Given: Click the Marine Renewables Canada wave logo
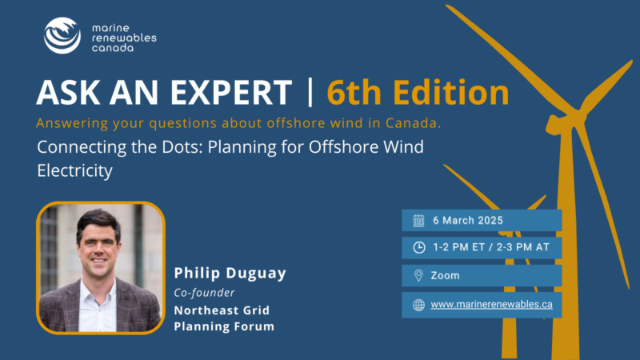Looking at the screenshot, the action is (62, 35).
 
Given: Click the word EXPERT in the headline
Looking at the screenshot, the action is (231, 92).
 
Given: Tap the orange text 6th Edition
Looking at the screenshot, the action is (418, 92).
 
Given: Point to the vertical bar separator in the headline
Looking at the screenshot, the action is (310, 92).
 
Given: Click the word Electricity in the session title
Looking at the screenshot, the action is (74, 170).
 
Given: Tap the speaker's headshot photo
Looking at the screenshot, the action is (101, 268).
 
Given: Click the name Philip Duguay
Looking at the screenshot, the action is (230, 273).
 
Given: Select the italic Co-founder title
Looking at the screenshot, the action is (205, 293).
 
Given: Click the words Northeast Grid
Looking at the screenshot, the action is (222, 310).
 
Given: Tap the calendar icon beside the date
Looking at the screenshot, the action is (418, 221).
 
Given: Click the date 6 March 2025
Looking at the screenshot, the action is (468, 221).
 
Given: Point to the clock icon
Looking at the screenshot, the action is (418, 247).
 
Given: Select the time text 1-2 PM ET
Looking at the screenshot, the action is (458, 247).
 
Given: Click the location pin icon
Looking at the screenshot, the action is (418, 275).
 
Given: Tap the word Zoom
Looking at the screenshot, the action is (445, 275).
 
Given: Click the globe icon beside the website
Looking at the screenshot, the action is (418, 305).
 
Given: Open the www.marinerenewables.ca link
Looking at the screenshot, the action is (491, 305).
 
